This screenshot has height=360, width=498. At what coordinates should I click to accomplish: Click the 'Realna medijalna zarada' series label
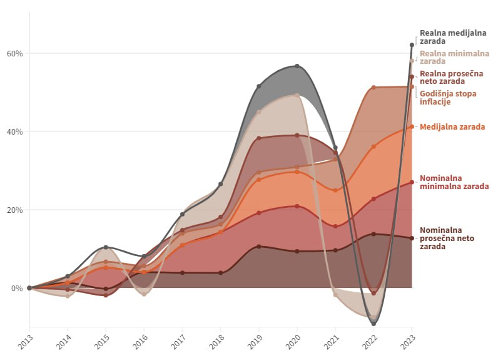pyautogui.click(x=446, y=37)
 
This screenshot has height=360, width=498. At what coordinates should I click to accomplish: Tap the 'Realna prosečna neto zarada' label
pyautogui.click(x=451, y=77)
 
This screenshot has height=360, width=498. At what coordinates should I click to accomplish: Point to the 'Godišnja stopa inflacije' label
pyautogui.click(x=446, y=97)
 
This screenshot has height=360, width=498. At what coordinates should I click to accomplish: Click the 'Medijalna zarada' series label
pyautogui.click(x=452, y=126)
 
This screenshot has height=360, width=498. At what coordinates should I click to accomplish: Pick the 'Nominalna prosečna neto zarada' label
pyautogui.click(x=451, y=238)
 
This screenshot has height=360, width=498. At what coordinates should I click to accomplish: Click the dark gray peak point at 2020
pyautogui.click(x=297, y=66)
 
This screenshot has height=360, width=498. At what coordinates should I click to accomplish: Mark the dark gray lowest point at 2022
pyautogui.click(x=373, y=324)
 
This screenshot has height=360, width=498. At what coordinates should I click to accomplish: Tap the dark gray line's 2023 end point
pyautogui.click(x=412, y=45)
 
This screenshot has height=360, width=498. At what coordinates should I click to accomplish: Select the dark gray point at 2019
pyautogui.click(x=258, y=86)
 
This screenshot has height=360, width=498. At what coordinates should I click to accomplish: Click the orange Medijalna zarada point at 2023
pyautogui.click(x=412, y=126)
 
